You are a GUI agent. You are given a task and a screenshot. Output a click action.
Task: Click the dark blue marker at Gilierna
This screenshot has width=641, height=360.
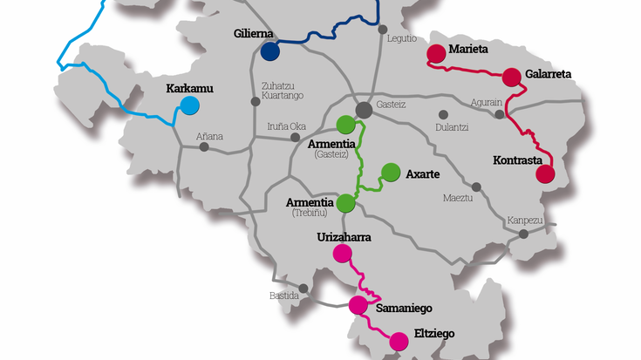[x=270, y=52]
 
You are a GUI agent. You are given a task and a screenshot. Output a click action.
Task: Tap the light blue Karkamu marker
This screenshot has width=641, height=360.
[x=189, y=106]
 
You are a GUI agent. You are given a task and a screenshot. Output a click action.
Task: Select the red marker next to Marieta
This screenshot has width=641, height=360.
[x=434, y=53]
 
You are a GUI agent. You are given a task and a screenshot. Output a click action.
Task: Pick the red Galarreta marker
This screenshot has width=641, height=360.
[x=512, y=76]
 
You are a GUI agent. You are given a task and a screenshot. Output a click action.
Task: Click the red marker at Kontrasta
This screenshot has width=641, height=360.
[x=545, y=173]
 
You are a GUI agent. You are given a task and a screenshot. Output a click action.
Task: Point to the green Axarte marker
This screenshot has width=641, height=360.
[x=390, y=173]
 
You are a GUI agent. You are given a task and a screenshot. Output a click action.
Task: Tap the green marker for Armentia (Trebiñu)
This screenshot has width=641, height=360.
[x=345, y=203]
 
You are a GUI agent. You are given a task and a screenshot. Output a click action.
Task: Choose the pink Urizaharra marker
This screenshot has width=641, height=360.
[x=343, y=254]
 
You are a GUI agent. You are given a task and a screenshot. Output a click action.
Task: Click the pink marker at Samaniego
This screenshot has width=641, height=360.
[x=358, y=305]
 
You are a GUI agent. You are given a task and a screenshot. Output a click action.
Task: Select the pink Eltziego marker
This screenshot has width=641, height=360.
[x=399, y=342]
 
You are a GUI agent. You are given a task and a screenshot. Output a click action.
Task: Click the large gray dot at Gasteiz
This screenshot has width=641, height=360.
[x=364, y=108]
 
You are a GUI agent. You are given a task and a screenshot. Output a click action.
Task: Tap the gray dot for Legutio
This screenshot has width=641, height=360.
[x=383, y=29]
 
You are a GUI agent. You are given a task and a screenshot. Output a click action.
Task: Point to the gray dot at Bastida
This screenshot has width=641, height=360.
[x=303, y=289]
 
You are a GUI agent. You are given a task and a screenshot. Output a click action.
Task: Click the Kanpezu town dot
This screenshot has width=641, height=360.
[x=523, y=234]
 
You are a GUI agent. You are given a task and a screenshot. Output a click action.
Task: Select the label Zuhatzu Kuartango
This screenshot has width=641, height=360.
[x=281, y=92]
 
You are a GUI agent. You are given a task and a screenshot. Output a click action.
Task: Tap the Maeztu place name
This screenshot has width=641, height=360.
[x=458, y=198]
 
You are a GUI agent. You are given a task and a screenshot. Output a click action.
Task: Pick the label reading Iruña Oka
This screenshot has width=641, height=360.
[x=286, y=126]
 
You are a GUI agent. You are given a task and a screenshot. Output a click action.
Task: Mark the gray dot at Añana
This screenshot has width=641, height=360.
[x=204, y=146]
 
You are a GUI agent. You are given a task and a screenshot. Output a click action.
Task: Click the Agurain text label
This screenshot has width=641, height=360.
[x=487, y=102]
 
